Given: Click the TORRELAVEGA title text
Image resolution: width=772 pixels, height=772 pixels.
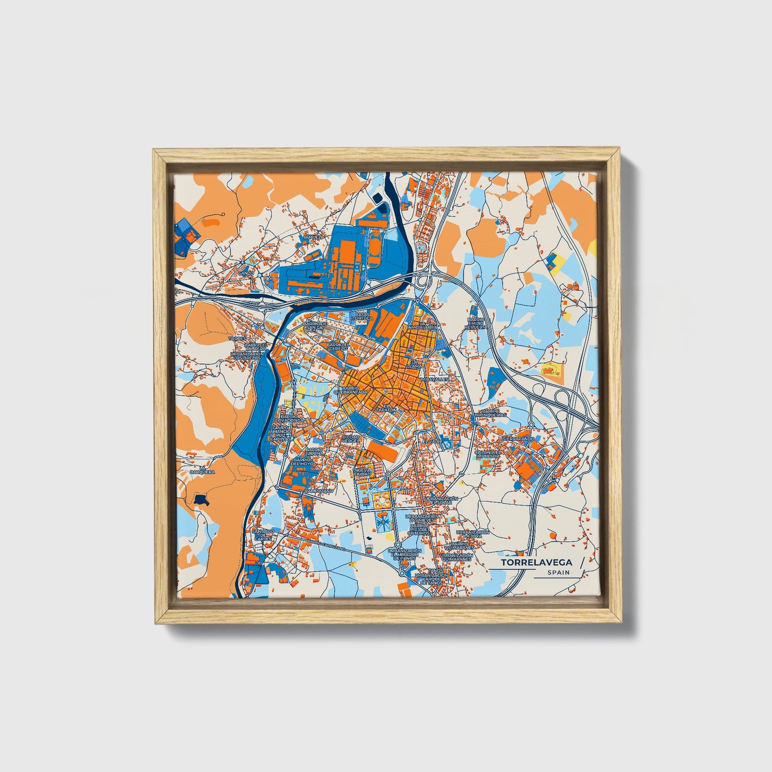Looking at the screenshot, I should click(x=536, y=563).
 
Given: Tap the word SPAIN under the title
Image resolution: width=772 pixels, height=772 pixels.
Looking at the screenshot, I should click(x=558, y=573).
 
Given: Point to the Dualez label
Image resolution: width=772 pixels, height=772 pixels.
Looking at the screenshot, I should click(x=312, y=236).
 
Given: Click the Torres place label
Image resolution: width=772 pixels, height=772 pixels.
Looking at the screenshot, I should click(x=236, y=339).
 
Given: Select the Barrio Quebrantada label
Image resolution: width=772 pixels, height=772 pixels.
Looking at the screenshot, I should click(x=350, y=389).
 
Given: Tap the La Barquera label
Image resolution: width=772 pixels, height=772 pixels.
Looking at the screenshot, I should click(x=202, y=470).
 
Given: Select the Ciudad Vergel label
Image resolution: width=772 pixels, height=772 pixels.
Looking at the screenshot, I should click(x=350, y=438).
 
